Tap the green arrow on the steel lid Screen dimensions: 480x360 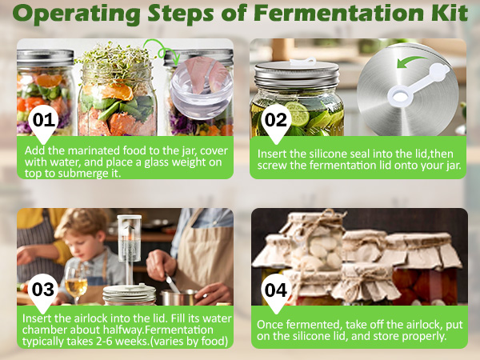coord(412,62)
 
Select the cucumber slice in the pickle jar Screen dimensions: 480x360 coord(297,114)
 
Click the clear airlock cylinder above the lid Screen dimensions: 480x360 coord(129,238)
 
